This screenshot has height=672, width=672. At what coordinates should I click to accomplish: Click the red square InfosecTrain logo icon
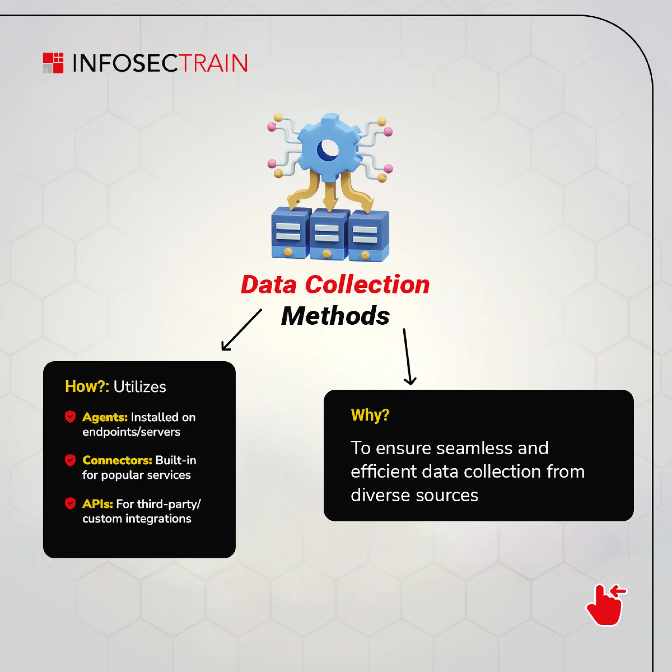53,63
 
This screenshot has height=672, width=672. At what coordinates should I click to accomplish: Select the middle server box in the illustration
328,235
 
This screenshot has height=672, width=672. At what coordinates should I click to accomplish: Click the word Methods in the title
335,316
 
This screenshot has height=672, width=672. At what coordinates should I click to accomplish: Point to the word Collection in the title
367,285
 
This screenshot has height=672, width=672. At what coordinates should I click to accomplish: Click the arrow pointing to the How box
241,330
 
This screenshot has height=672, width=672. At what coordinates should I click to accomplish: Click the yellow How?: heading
87,387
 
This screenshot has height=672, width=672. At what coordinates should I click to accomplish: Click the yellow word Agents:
105,417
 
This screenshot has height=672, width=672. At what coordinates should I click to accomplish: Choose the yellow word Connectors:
117,460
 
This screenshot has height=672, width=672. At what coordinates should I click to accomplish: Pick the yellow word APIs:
97,504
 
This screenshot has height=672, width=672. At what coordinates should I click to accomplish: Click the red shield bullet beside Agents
70,417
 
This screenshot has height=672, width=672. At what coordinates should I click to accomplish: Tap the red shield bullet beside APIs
70,503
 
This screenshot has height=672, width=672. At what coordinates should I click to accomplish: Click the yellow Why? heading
370,415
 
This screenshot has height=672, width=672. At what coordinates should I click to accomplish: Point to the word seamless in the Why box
474,448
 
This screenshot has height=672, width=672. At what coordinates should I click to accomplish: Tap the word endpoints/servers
131,432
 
